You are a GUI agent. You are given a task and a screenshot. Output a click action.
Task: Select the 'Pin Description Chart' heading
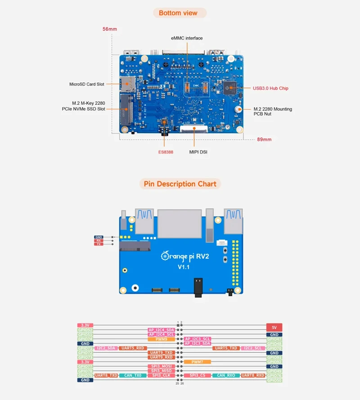coord(180,184)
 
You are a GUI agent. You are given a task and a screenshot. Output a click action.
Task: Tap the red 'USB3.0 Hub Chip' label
coord(270,88)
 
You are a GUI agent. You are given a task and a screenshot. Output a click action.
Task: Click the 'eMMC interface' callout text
coord(187,38)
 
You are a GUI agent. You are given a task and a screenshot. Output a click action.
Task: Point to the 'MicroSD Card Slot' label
coord(87,84)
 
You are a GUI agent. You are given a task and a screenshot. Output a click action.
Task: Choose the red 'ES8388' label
coord(165,152)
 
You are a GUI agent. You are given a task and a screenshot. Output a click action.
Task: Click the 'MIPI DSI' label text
coord(198,152)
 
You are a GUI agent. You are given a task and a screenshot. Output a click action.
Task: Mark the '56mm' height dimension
coord(110,29)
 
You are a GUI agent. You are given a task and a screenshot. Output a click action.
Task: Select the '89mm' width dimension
coord(264,139)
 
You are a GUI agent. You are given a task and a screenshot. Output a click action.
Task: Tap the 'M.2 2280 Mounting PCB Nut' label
coord(273,111)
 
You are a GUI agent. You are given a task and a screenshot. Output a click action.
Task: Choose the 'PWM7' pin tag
coord(197,362)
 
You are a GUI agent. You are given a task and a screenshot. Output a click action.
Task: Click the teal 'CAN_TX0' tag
coord(133,375)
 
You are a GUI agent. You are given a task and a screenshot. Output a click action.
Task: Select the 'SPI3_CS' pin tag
coord(197,375)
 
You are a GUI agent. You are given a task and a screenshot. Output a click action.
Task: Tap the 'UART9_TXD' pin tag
coord(161,353)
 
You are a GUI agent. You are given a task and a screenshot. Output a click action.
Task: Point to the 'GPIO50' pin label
coord(274,380)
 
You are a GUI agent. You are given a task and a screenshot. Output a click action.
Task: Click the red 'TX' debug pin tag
coord(99,244)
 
